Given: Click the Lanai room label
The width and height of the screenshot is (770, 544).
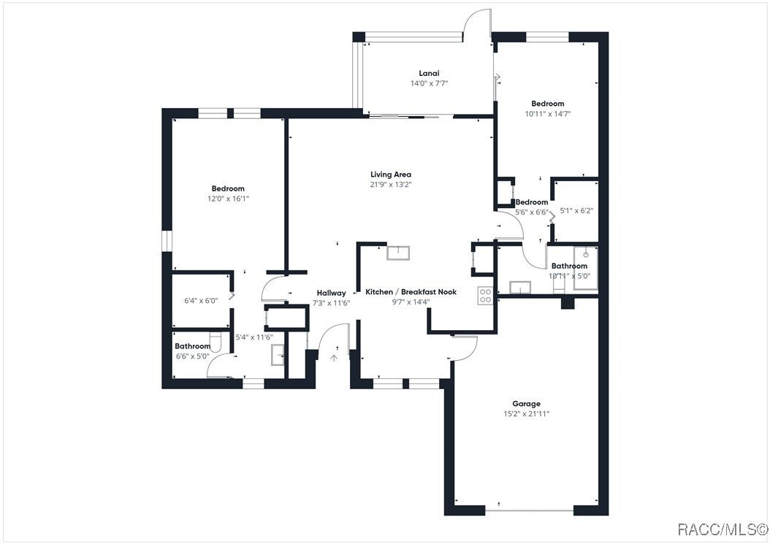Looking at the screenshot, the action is click(429, 73).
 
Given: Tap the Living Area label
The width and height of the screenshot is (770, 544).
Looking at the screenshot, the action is click(391, 175).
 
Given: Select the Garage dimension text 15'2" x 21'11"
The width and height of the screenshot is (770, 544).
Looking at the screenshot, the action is click(527, 414).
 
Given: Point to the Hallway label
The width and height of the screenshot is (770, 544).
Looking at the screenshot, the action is click(331, 293).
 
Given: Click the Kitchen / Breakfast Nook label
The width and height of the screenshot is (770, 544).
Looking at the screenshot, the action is click(411, 291).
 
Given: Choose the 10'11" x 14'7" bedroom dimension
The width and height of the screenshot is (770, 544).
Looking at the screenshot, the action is click(548, 114).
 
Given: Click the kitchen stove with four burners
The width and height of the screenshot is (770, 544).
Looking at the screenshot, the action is click(485, 295).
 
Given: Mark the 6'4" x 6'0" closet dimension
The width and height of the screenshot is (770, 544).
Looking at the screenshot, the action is click(201, 301).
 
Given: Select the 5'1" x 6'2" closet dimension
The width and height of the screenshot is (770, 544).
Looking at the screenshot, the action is click(577, 211).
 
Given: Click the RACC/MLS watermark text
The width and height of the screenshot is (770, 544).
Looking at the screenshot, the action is click(723, 529).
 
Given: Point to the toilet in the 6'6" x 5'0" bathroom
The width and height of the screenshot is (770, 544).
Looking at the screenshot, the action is click(216, 341).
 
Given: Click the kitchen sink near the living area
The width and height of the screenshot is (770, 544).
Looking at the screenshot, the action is click(398, 253).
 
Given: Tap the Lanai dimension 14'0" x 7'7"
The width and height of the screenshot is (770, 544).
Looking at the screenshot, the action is click(429, 83).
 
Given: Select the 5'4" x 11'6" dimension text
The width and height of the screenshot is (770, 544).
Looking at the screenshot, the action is click(254, 337).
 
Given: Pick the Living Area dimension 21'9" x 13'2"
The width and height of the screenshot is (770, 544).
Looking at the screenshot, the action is click(391, 185).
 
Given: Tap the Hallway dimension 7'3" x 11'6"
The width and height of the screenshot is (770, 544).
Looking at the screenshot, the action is click(332, 304).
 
